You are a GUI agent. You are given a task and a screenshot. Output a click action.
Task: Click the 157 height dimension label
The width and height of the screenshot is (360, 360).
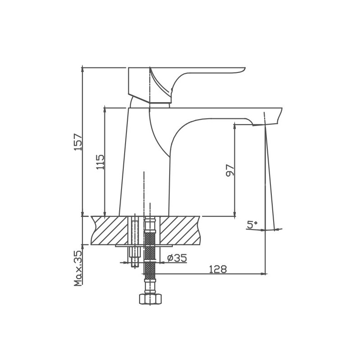tap(77, 142)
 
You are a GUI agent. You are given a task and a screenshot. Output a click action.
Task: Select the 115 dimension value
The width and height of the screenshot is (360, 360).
tap(100, 162)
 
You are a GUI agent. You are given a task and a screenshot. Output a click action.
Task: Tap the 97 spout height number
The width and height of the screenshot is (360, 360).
tap(230, 171)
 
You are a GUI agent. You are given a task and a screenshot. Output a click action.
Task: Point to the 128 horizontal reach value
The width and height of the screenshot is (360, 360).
tap(218, 269)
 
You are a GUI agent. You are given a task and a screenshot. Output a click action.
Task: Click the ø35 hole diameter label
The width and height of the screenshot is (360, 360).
tap(177, 258)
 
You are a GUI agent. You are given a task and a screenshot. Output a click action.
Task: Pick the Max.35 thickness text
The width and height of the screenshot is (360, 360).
tap(78, 268)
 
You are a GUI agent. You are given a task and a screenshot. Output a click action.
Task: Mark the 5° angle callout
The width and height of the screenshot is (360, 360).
tap(252, 225)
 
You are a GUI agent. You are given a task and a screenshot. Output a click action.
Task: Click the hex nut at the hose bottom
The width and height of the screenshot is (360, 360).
tap(150, 299)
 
